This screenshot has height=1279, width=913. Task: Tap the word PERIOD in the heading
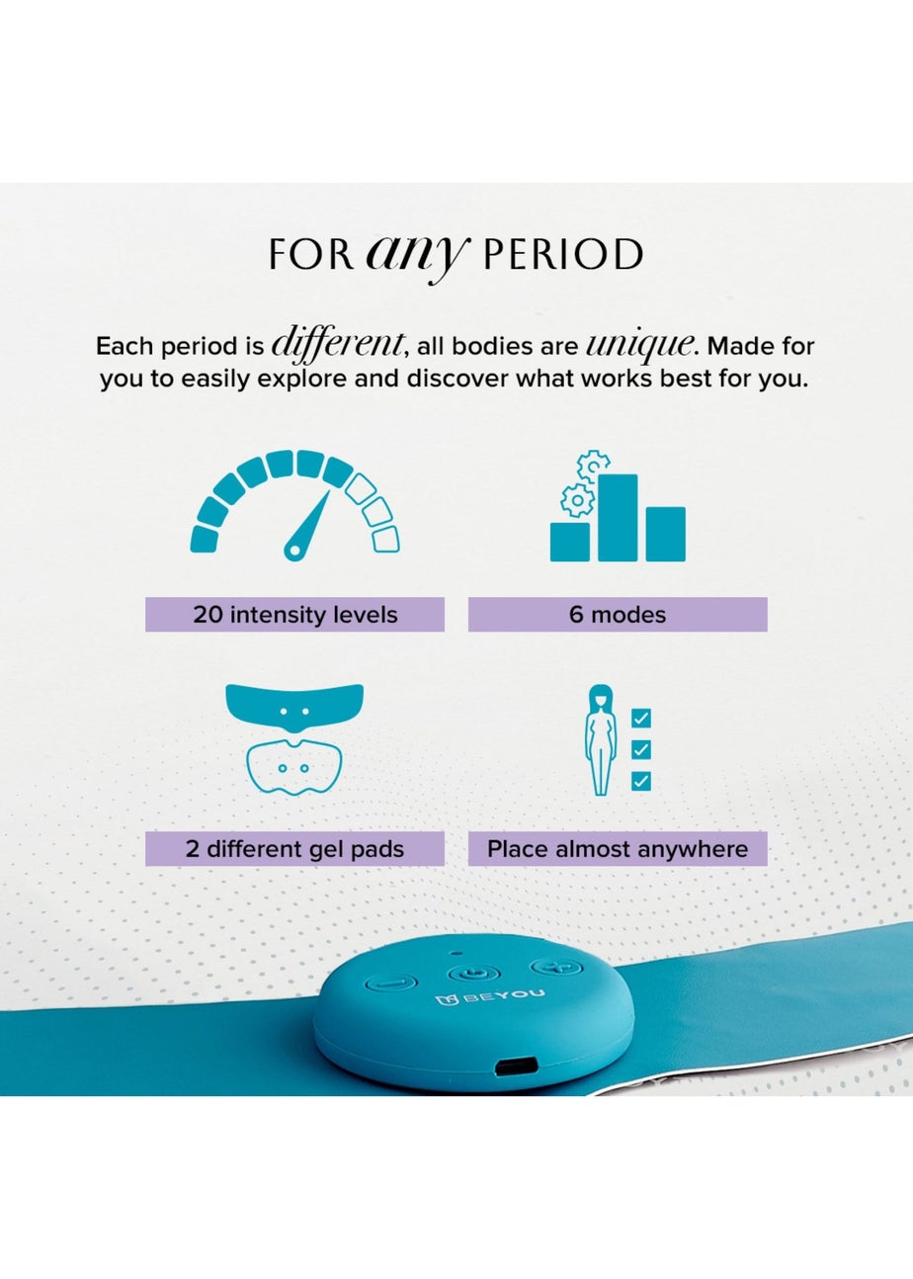[x=562, y=255]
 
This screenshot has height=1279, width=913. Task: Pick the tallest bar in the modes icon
[x=618, y=517]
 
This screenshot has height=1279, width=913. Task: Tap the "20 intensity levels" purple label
[x=294, y=615]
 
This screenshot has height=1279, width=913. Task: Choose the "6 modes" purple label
[x=618, y=615]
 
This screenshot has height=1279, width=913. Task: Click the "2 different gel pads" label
[x=294, y=849]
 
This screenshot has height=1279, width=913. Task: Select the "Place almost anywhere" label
[x=618, y=849]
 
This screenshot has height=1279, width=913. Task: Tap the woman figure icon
[x=599, y=741]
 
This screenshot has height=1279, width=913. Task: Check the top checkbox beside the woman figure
[x=640, y=719]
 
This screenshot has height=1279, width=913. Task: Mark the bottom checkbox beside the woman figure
[x=640, y=781]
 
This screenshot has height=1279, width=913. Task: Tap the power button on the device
[x=468, y=973]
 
